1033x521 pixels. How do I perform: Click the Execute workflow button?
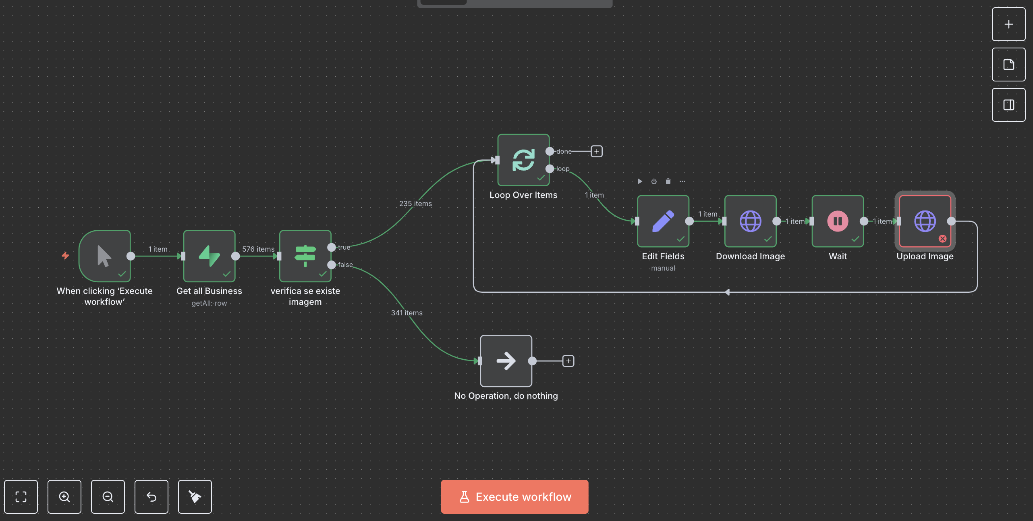(x=514, y=496)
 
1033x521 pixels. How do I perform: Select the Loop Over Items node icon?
(x=523, y=160)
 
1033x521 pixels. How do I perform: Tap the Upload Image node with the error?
(x=925, y=221)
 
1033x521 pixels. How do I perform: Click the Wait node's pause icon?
(x=838, y=221)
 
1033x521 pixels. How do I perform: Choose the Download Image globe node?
(x=750, y=221)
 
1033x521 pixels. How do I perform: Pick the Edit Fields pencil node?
(x=663, y=221)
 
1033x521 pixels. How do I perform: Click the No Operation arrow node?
(x=506, y=361)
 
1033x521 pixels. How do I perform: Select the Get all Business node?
(x=209, y=256)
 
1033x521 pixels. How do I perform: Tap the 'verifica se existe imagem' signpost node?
(x=305, y=256)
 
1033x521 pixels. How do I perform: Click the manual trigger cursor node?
(x=105, y=256)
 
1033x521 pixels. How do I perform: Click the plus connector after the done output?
(x=597, y=151)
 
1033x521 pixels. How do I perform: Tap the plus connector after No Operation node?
(x=568, y=361)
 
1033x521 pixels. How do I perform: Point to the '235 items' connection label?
(x=415, y=204)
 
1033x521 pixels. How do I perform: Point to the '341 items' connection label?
(x=407, y=313)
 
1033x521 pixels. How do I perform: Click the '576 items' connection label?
(x=258, y=249)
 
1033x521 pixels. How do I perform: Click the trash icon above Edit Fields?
(x=668, y=181)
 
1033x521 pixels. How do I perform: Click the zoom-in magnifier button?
(x=64, y=497)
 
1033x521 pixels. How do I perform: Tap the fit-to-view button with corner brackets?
(x=21, y=497)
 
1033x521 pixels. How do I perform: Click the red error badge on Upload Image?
(x=942, y=239)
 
